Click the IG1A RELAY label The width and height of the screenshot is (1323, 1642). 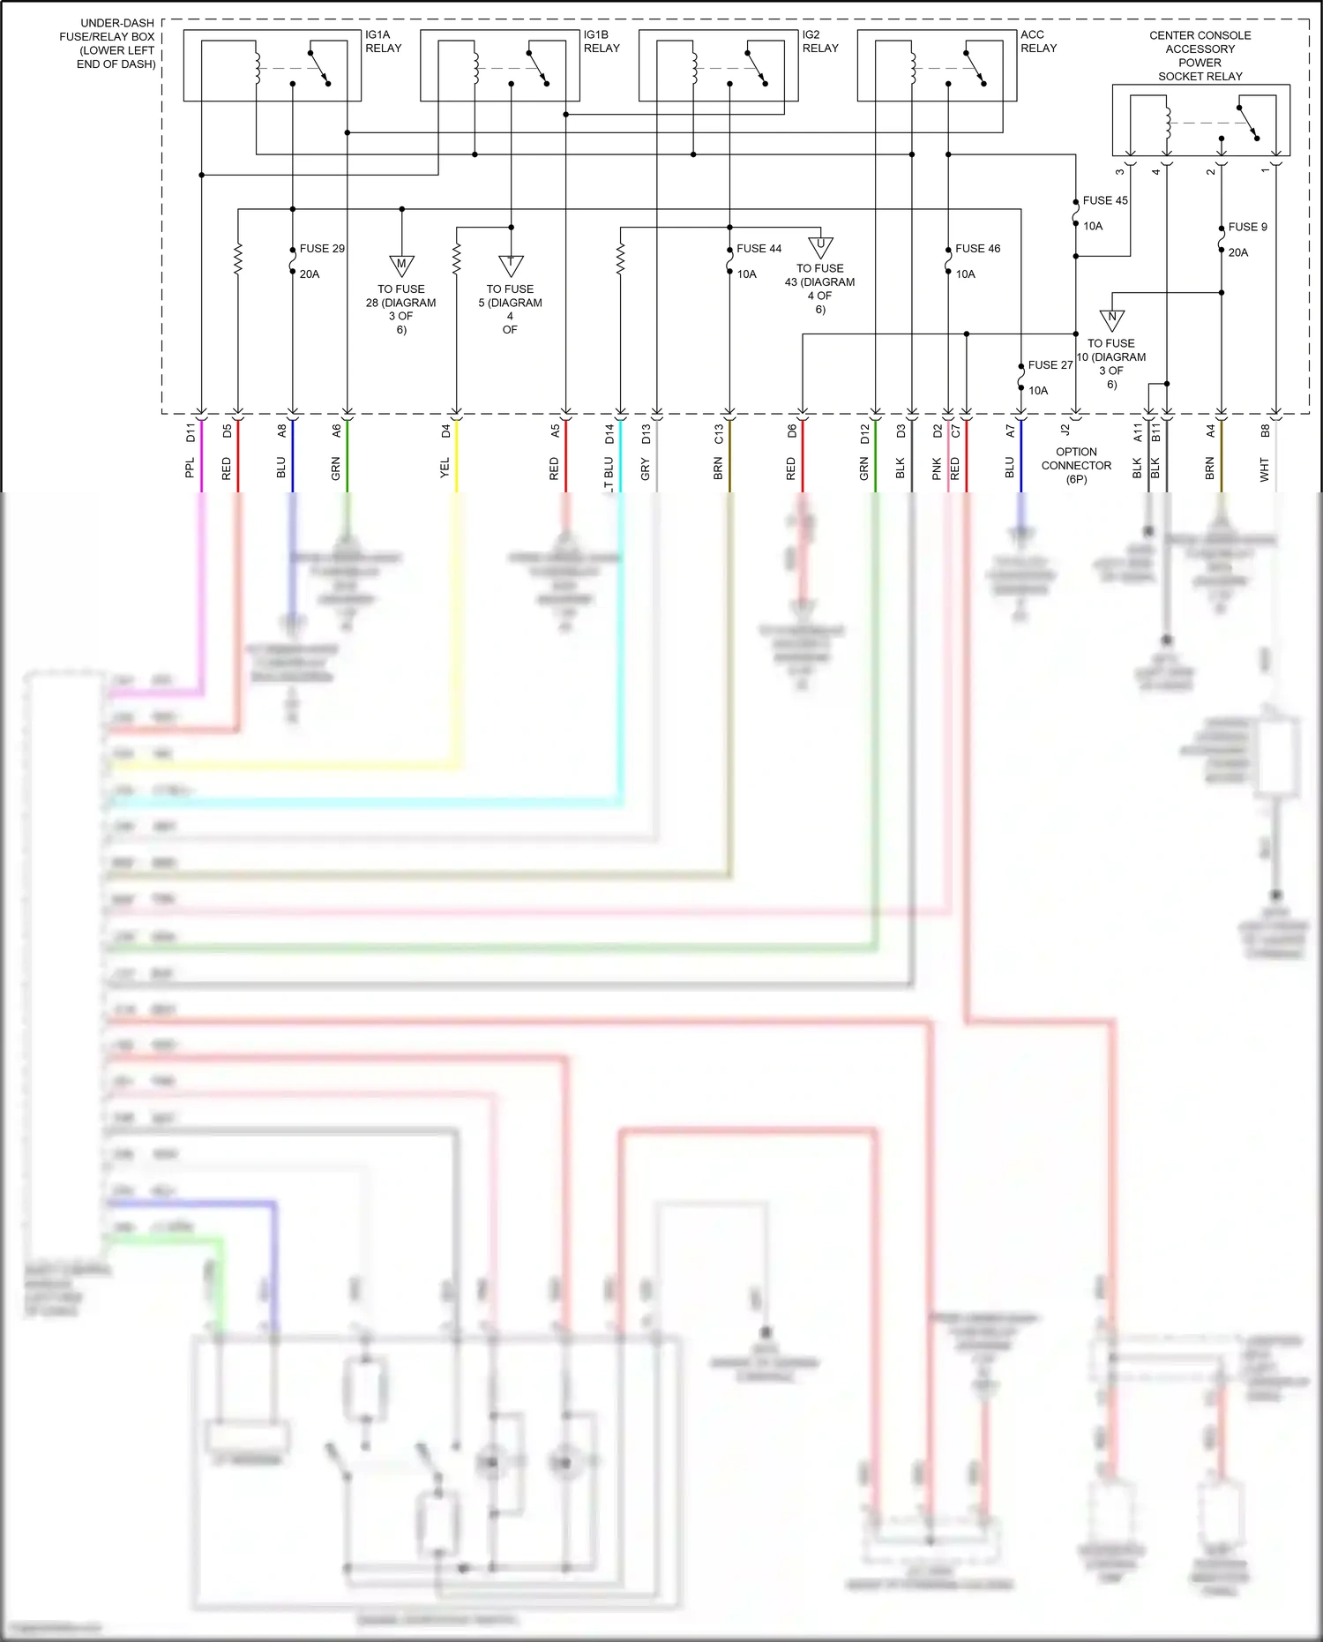(x=383, y=41)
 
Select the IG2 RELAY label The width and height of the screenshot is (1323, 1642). (x=820, y=41)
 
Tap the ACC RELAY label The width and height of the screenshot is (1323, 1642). (x=1038, y=41)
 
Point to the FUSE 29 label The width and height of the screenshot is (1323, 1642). (x=322, y=249)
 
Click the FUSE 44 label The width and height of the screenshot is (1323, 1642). (x=759, y=249)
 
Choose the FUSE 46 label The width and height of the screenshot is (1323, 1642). (x=977, y=249)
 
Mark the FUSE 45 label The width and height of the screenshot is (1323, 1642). (x=1105, y=200)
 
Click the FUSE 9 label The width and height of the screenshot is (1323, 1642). (x=1247, y=227)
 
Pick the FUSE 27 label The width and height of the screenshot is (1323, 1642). (x=1050, y=364)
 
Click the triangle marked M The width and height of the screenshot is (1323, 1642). (x=401, y=264)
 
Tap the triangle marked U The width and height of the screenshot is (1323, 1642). (x=820, y=245)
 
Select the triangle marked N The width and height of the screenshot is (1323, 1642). (x=1111, y=318)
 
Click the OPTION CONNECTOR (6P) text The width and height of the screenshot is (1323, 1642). (x=1076, y=465)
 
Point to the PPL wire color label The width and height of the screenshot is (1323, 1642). (x=190, y=468)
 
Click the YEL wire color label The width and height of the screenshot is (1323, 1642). (x=445, y=468)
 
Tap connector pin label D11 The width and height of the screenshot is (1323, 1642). (x=190, y=432)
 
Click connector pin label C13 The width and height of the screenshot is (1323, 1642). (x=718, y=433)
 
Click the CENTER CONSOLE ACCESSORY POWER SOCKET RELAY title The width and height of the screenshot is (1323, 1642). (x=1200, y=56)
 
